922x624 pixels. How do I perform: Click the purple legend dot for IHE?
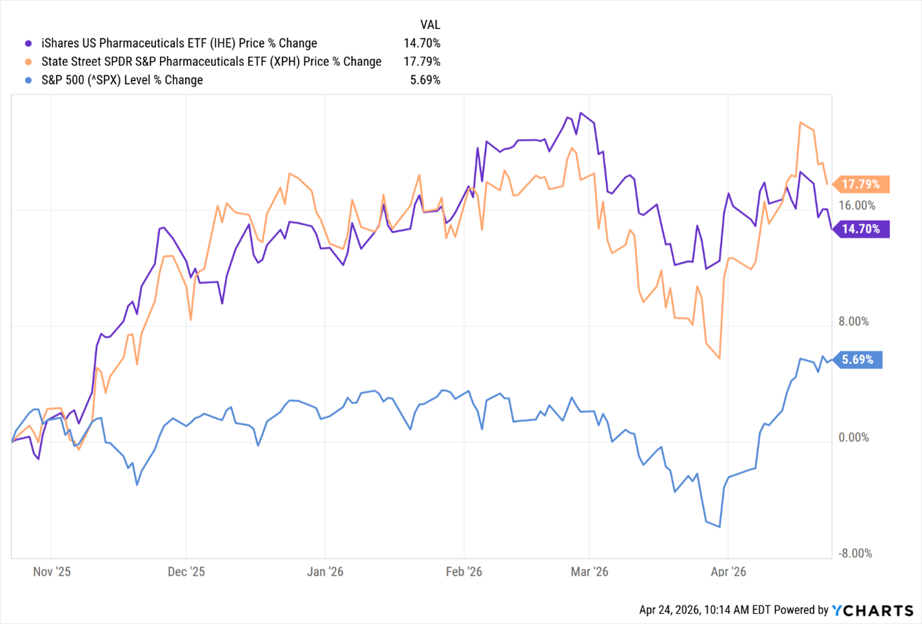(28, 44)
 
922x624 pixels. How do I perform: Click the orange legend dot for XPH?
(28, 62)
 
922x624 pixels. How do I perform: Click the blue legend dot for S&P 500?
(28, 80)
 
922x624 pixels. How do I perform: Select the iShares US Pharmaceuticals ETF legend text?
(179, 44)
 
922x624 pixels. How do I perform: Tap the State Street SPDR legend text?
(211, 62)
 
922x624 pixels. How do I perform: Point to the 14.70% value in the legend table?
(422, 44)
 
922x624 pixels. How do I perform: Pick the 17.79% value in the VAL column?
(422, 62)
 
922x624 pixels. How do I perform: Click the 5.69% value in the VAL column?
(425, 80)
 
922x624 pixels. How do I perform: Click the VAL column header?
(430, 25)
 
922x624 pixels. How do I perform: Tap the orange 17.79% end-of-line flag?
(861, 184)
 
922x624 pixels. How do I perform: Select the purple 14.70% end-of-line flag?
(861, 229)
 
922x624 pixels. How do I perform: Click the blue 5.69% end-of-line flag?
(858, 359)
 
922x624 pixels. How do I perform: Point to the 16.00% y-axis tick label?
(857, 205)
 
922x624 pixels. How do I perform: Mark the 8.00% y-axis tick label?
(854, 321)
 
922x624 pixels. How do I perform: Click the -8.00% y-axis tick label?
(855, 553)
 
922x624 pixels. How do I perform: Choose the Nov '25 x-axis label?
(52, 572)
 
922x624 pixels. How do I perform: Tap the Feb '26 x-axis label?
(464, 572)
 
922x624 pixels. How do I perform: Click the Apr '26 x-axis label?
(728, 572)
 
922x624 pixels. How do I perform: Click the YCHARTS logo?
(872, 610)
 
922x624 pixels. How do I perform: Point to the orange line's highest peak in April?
(800, 122)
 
